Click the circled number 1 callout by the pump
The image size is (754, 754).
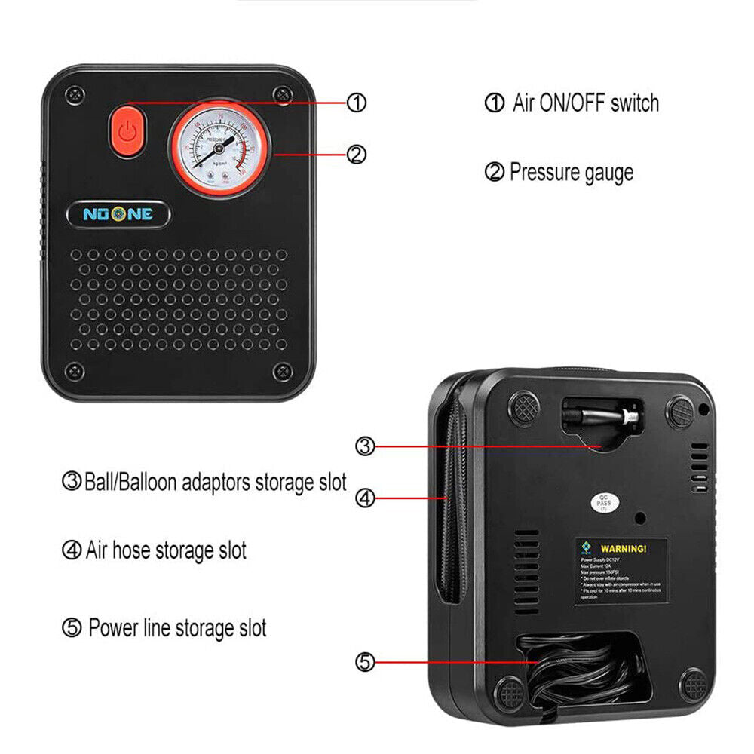(x=357, y=103)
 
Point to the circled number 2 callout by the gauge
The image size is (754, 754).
(x=357, y=154)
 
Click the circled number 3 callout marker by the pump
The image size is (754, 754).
(x=365, y=446)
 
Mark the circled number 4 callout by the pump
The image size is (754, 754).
(x=365, y=498)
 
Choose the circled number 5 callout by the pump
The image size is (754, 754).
(x=365, y=662)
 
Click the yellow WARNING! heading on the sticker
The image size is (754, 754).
(x=623, y=548)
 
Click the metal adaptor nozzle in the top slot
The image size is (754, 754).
(x=603, y=415)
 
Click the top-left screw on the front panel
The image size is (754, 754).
(x=74, y=94)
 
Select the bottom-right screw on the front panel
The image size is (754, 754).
(x=282, y=370)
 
